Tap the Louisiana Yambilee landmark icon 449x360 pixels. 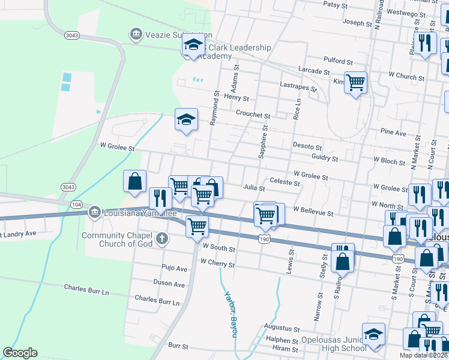[x=94, y=212]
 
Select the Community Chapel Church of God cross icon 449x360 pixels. [x=161, y=239]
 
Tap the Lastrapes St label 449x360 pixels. [x=298, y=87]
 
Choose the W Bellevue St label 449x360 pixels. [x=313, y=212]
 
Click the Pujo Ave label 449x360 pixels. [x=175, y=267]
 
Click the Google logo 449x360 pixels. [x=20, y=353]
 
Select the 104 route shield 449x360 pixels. [x=76, y=205]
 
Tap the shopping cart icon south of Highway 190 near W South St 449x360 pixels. [x=197, y=226]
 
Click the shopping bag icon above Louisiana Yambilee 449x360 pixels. [x=135, y=181]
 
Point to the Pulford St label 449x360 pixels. [x=338, y=61]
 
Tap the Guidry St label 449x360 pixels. [x=325, y=158]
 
